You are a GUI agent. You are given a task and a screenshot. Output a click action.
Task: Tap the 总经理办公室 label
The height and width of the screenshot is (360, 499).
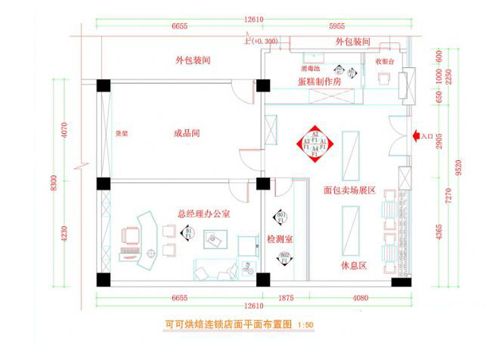coord(204,215)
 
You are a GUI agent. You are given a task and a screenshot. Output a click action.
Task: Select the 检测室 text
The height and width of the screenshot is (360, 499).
coord(280,239)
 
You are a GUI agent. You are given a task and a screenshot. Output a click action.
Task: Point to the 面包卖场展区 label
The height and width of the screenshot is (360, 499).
coord(349,191)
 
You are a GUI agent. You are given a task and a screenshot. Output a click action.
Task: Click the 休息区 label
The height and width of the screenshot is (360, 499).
coord(355,267)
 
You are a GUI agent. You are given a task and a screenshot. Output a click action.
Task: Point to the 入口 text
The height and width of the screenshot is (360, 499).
coord(427,137)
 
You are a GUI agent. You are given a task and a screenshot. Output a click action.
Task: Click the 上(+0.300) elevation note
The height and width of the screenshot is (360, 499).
coord(261,39)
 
